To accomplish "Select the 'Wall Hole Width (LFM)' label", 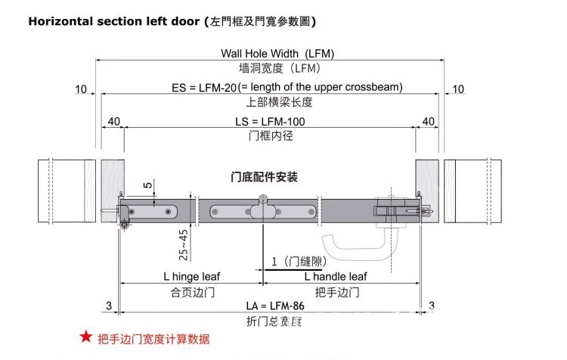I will (x=277, y=54).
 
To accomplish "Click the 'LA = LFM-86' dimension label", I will (x=270, y=306).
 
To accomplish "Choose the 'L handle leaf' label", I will (x=336, y=277).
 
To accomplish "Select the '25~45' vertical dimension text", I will (x=183, y=244).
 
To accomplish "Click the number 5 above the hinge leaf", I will (x=147, y=184).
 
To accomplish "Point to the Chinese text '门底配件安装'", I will (x=264, y=178).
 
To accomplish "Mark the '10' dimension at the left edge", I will (x=81, y=90).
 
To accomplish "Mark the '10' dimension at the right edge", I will (x=458, y=90).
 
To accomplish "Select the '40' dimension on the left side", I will (x=114, y=122).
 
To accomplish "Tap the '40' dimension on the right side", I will (x=428, y=122).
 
